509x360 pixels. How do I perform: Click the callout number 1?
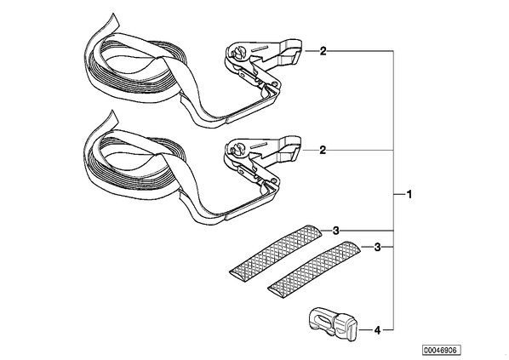[x=409, y=194]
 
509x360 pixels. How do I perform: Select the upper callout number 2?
[x=323, y=51]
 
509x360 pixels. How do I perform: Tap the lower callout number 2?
[x=323, y=150]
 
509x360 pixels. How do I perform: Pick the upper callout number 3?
[x=336, y=231]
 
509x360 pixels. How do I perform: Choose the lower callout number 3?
[x=377, y=248]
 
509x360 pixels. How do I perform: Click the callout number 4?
[x=377, y=330]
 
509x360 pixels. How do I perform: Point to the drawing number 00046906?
[x=442, y=350]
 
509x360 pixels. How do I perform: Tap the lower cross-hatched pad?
[x=314, y=266]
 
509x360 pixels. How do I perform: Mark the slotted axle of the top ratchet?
[x=237, y=53]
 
